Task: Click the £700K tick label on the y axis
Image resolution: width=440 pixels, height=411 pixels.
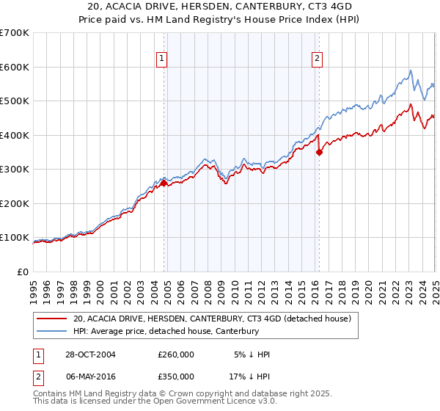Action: tap(15, 33)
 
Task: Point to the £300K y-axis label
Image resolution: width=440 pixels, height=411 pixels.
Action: tap(15, 169)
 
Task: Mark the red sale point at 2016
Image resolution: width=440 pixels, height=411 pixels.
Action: tap(319, 153)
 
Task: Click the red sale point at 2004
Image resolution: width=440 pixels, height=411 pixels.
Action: tap(164, 183)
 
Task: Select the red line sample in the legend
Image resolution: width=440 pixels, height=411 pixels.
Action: tap(51, 319)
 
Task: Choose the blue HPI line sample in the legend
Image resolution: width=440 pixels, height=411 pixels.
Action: tap(51, 331)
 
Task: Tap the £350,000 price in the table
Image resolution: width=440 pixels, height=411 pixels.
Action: tap(176, 377)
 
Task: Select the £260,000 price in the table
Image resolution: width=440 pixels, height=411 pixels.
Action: tap(176, 354)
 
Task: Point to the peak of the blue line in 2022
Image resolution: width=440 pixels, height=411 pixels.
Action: tap(411, 70)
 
